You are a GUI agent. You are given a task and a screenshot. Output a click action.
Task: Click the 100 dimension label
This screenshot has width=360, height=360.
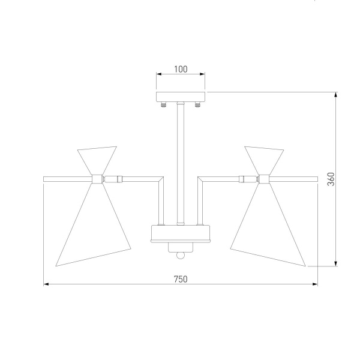point(181,69)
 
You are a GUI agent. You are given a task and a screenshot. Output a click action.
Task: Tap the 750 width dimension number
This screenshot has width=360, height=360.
point(181,279)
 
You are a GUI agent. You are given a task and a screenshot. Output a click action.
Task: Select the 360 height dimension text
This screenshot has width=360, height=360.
point(331,179)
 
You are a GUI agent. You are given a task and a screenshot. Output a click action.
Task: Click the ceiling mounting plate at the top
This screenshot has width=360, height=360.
point(181,97)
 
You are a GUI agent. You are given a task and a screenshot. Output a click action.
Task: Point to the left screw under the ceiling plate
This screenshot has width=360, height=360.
point(163,104)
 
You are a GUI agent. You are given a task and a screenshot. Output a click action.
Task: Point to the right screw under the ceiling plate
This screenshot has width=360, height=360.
point(197,104)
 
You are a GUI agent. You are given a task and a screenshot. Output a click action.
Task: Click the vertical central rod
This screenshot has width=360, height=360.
point(181,163)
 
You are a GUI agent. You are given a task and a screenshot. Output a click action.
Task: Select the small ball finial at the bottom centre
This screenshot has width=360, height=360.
point(181,256)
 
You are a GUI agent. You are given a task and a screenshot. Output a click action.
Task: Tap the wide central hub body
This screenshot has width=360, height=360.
point(181,233)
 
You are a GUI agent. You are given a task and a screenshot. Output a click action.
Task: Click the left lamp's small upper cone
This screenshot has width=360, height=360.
point(97,160)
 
